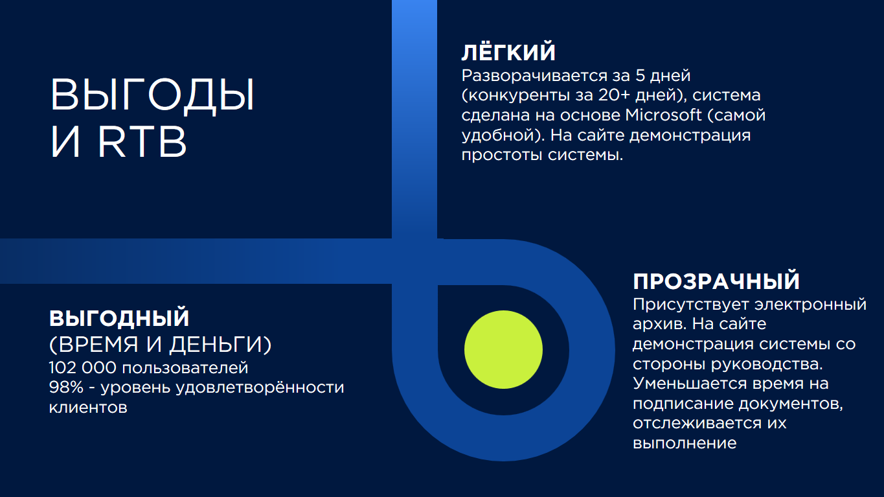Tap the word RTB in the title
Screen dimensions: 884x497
click(x=142, y=142)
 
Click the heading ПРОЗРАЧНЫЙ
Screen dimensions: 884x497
click(x=716, y=281)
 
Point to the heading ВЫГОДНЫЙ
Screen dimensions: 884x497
click(x=119, y=318)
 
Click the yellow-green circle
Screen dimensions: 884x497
click(x=503, y=350)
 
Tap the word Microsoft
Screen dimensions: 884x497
click(x=663, y=115)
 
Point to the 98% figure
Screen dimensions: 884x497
click(x=66, y=387)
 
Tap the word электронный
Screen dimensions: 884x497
click(x=811, y=305)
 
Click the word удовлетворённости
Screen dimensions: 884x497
click(x=260, y=388)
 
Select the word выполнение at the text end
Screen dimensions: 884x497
click(x=685, y=443)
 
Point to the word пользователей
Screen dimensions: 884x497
click(x=185, y=368)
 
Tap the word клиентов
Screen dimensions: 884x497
click(x=88, y=408)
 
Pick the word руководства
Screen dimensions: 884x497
click(x=767, y=364)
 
